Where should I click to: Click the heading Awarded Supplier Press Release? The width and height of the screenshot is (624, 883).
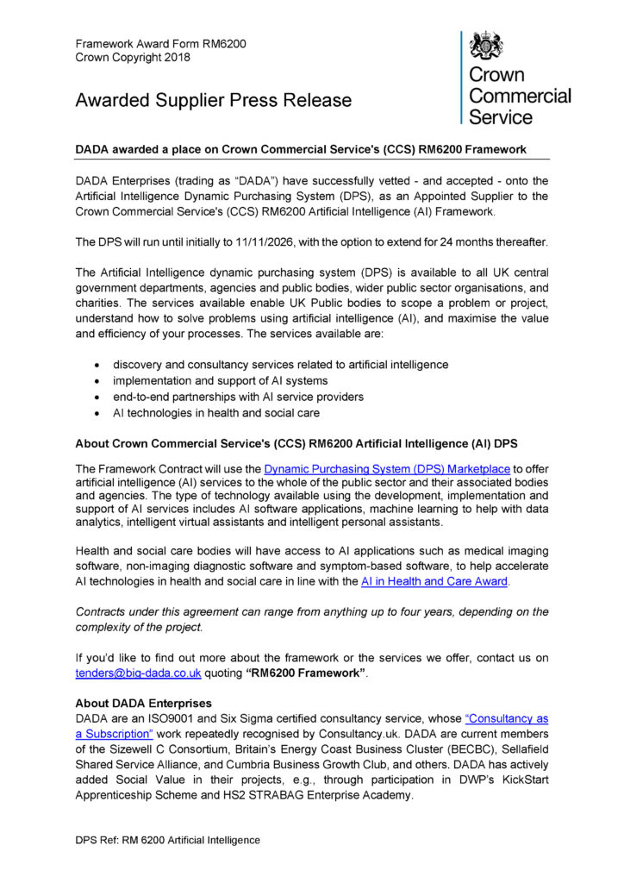pos(213,100)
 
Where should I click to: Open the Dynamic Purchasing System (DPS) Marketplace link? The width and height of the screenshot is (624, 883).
pos(387,468)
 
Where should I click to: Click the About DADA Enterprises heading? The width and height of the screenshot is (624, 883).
pos(143,704)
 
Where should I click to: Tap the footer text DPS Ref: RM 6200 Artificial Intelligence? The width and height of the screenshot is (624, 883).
pos(167,839)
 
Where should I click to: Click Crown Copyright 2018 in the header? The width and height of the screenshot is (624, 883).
pos(133,57)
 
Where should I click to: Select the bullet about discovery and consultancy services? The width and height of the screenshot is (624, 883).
pos(280,364)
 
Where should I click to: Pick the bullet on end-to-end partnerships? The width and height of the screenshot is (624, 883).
pos(238,397)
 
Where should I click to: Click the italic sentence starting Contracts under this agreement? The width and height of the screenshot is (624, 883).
pos(311,618)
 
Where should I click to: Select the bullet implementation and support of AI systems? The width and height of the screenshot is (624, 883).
pos(220,380)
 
